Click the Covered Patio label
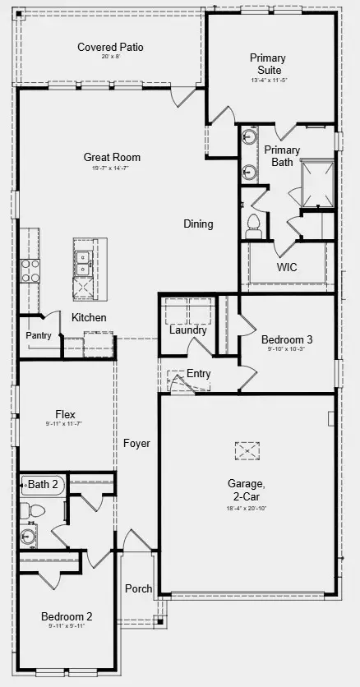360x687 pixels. [x=110, y=48]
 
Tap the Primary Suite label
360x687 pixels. [x=268, y=64]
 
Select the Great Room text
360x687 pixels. [x=112, y=157]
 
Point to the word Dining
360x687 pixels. [x=198, y=224]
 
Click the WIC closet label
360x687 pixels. [x=287, y=267]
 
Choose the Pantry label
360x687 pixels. [x=38, y=335]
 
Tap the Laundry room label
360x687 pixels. [x=187, y=330]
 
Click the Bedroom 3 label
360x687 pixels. [x=287, y=339]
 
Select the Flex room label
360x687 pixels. [x=66, y=414]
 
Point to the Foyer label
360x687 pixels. [x=137, y=444]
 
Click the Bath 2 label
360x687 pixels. [x=44, y=484]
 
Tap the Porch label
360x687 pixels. [x=138, y=588]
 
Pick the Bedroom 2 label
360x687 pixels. [x=67, y=616]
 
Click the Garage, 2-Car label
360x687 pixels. [x=246, y=490]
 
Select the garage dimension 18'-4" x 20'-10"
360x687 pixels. [x=246, y=509]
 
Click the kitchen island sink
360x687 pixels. [x=83, y=262]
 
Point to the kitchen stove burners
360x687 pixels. [x=30, y=270]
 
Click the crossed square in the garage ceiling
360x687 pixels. [x=247, y=450]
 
